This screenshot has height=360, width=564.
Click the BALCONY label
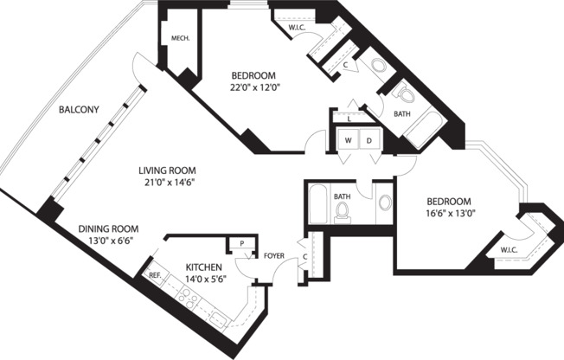point(79,110)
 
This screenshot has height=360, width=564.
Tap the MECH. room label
point(180,38)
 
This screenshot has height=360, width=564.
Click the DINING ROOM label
point(109,229)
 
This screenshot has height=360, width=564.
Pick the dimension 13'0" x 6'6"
point(109,243)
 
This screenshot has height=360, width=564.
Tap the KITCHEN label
point(204,267)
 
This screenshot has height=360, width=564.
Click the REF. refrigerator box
point(155,275)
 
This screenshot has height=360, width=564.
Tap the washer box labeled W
point(348,140)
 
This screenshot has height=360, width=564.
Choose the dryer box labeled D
point(368,140)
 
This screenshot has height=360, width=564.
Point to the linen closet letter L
point(349,119)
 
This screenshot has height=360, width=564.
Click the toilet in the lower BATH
point(342,214)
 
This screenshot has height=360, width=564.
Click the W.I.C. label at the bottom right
point(509,252)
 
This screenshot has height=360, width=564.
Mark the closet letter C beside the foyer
point(307,256)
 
